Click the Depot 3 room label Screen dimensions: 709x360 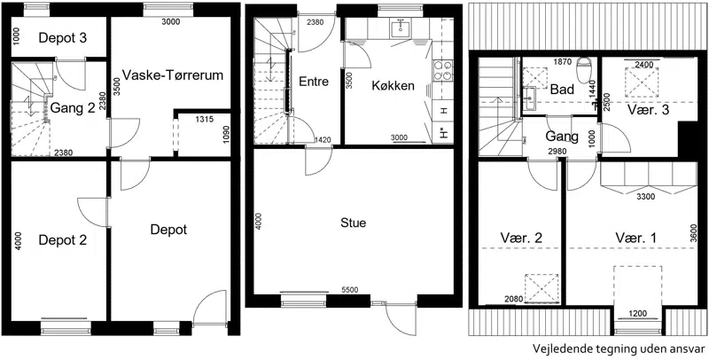(x=62, y=38)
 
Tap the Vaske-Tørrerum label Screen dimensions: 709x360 (x=173, y=74)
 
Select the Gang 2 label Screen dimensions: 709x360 (x=73, y=108)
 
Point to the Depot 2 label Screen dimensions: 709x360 (x=62, y=239)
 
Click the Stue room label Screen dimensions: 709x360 (x=354, y=223)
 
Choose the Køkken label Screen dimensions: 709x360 (x=393, y=86)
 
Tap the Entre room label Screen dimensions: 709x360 (x=314, y=82)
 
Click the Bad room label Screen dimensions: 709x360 (x=562, y=89)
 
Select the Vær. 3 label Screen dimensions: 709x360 (x=648, y=110)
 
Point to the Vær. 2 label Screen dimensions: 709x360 (x=521, y=238)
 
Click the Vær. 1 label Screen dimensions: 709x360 (x=635, y=238)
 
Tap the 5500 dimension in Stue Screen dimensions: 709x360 (x=350, y=290)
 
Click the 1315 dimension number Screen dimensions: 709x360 (x=204, y=120)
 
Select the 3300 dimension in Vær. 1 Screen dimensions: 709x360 (x=644, y=197)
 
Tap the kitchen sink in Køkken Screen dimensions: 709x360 (x=401, y=28)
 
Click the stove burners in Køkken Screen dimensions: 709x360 (x=443, y=72)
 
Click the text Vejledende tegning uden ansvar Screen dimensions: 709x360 (x=619, y=348)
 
